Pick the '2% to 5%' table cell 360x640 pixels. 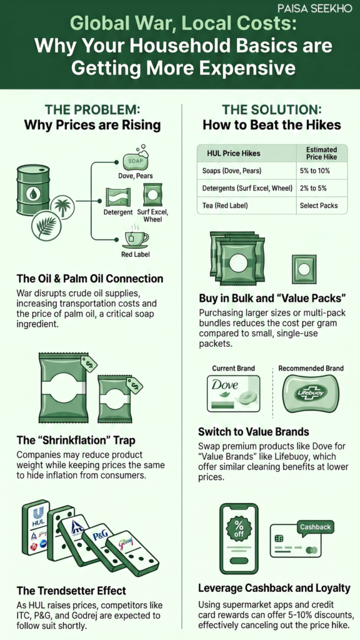[x=313, y=188]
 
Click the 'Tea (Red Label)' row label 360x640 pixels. [x=226, y=205]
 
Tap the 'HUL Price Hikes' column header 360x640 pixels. [x=236, y=154]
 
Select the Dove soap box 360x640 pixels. [x=233, y=394]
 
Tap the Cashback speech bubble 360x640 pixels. [x=315, y=527]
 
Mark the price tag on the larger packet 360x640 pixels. [x=89, y=362]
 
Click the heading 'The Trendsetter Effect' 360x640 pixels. [x=71, y=590]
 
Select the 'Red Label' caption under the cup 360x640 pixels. [x=135, y=255]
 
